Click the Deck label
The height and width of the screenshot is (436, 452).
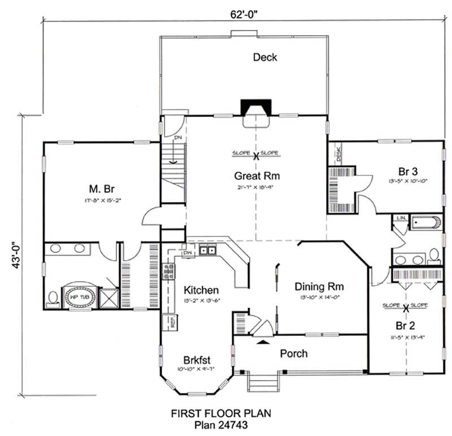(265, 57)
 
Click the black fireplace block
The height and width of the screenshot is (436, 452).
(257, 106)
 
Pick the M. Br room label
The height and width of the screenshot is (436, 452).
(102, 188)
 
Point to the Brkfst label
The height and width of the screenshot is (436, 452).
(198, 360)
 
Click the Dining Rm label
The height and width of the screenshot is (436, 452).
(319, 286)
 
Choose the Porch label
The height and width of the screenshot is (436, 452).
(294, 353)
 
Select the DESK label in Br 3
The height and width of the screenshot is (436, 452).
(338, 154)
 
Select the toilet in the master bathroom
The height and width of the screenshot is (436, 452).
(53, 298)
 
